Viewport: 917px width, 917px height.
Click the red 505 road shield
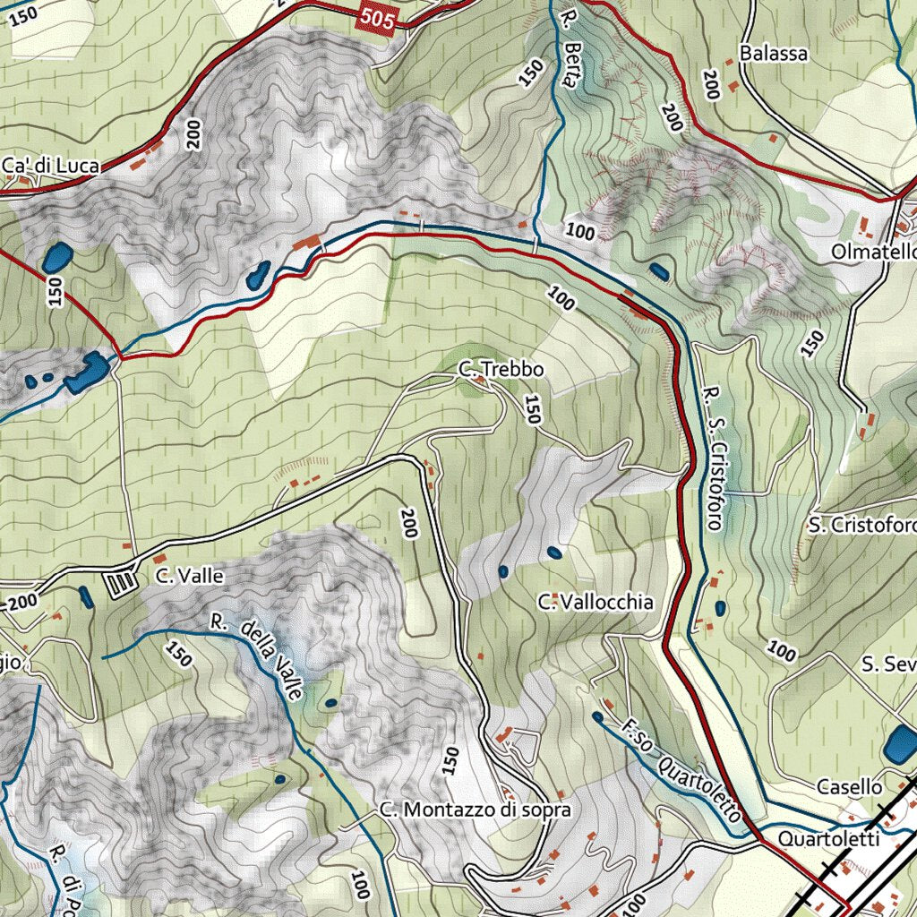point(379,19)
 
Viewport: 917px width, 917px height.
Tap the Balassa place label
point(774,53)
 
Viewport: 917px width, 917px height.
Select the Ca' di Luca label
point(50,166)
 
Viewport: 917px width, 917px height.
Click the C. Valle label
point(188,576)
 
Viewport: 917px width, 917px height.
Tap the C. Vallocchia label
point(596,602)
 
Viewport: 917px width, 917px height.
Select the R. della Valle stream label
point(260,658)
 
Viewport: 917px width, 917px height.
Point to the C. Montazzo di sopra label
point(475,810)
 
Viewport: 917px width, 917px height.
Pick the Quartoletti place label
point(829,840)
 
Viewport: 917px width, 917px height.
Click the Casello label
point(849,787)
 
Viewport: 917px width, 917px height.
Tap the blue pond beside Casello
point(899,746)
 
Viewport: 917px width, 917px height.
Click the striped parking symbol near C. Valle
point(120,585)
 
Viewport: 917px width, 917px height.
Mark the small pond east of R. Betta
point(659,270)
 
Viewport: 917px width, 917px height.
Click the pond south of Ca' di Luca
point(57,258)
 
